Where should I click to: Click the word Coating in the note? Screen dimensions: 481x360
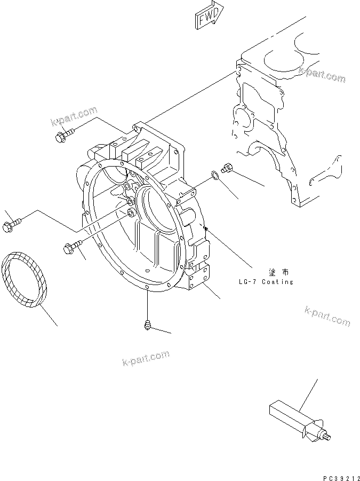tap(278, 282)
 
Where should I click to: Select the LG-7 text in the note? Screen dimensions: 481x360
tap(249, 282)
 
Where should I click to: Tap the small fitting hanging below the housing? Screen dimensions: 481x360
tap(147, 325)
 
